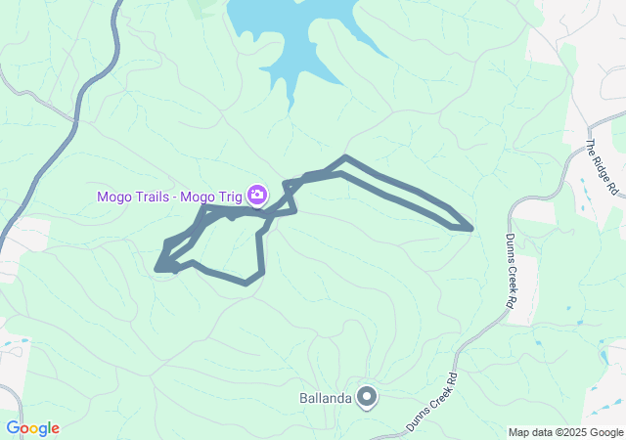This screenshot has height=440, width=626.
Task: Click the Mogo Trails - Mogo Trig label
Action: pos(171,196)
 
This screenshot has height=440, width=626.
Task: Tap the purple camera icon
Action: pos(257,195)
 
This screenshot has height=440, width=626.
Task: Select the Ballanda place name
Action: pos(325,398)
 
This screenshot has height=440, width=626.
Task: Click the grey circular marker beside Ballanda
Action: pos(367,396)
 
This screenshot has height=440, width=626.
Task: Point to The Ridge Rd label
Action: pos(604,167)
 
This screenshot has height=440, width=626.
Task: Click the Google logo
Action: pos(32,428)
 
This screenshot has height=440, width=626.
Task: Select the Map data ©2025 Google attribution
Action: pos(565,432)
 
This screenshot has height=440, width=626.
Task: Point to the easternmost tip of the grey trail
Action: pos(471,229)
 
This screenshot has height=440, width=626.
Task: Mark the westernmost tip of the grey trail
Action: pos(156,266)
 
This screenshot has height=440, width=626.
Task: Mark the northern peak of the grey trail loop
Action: pos(345,156)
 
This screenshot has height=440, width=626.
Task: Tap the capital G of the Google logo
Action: pos(13,427)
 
